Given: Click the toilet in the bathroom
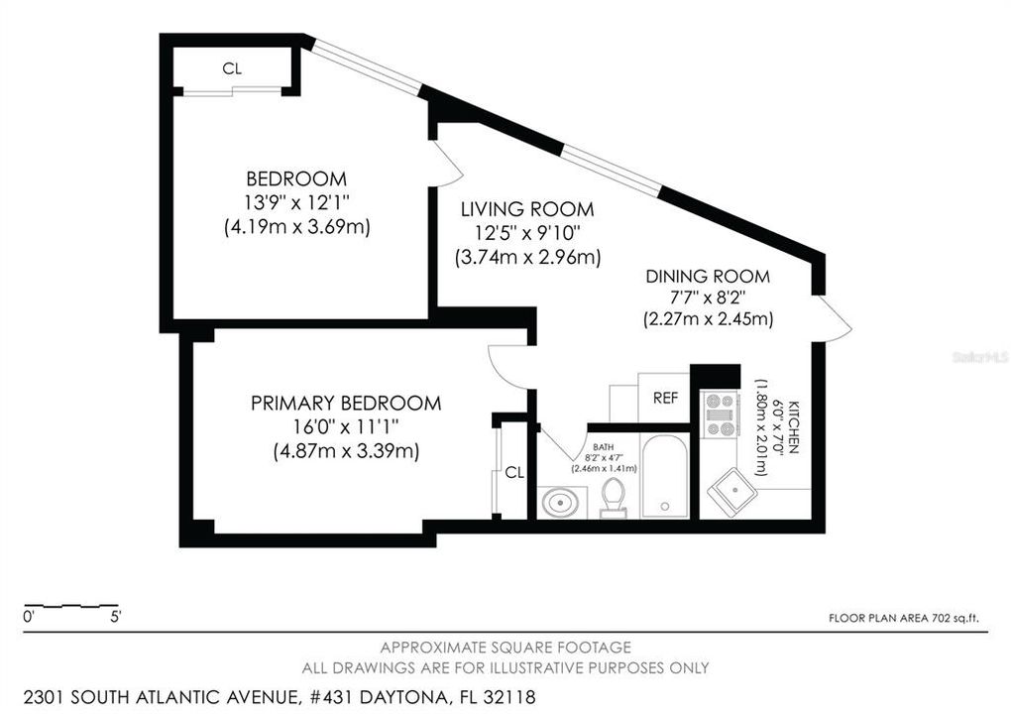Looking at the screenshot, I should (x=615, y=497).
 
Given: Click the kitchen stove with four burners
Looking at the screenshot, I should (x=720, y=415).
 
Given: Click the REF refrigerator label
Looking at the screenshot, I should (x=665, y=398).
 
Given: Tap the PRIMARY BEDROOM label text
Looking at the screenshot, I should (x=345, y=403).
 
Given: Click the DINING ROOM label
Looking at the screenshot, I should (x=707, y=277).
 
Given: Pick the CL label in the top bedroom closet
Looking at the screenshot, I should (x=232, y=68).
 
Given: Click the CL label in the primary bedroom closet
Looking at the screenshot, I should (x=513, y=472).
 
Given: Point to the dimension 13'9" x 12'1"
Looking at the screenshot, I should (x=296, y=202).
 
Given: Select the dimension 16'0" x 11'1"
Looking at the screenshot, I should (x=345, y=426).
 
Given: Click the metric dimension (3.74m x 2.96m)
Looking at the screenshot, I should (x=527, y=258).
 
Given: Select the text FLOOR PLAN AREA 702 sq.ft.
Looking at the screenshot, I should (x=903, y=618).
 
